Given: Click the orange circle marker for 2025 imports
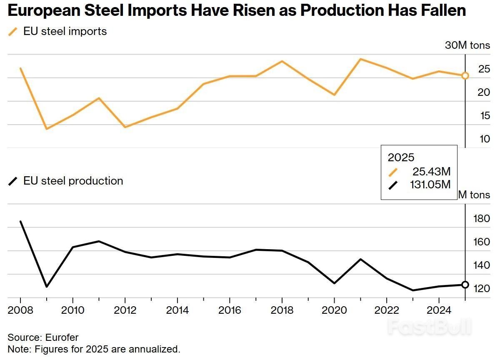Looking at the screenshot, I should [465, 76].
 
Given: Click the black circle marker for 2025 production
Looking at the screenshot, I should [465, 285].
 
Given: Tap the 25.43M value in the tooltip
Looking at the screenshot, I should [432, 171].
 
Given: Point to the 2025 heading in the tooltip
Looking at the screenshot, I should [401, 157].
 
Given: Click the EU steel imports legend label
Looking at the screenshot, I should [65, 31].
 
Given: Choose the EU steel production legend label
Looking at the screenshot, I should [73, 181].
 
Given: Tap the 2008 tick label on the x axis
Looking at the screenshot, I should [20, 310].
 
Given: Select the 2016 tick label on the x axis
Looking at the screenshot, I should [230, 310].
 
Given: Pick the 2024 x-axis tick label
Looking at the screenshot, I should [439, 310].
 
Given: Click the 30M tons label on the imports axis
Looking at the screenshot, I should [467, 45].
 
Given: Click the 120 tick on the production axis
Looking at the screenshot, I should [482, 289].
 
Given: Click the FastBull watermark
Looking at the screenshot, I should [429, 327].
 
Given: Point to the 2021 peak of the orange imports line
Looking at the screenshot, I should [360, 59].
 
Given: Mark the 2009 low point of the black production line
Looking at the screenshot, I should [47, 287].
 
